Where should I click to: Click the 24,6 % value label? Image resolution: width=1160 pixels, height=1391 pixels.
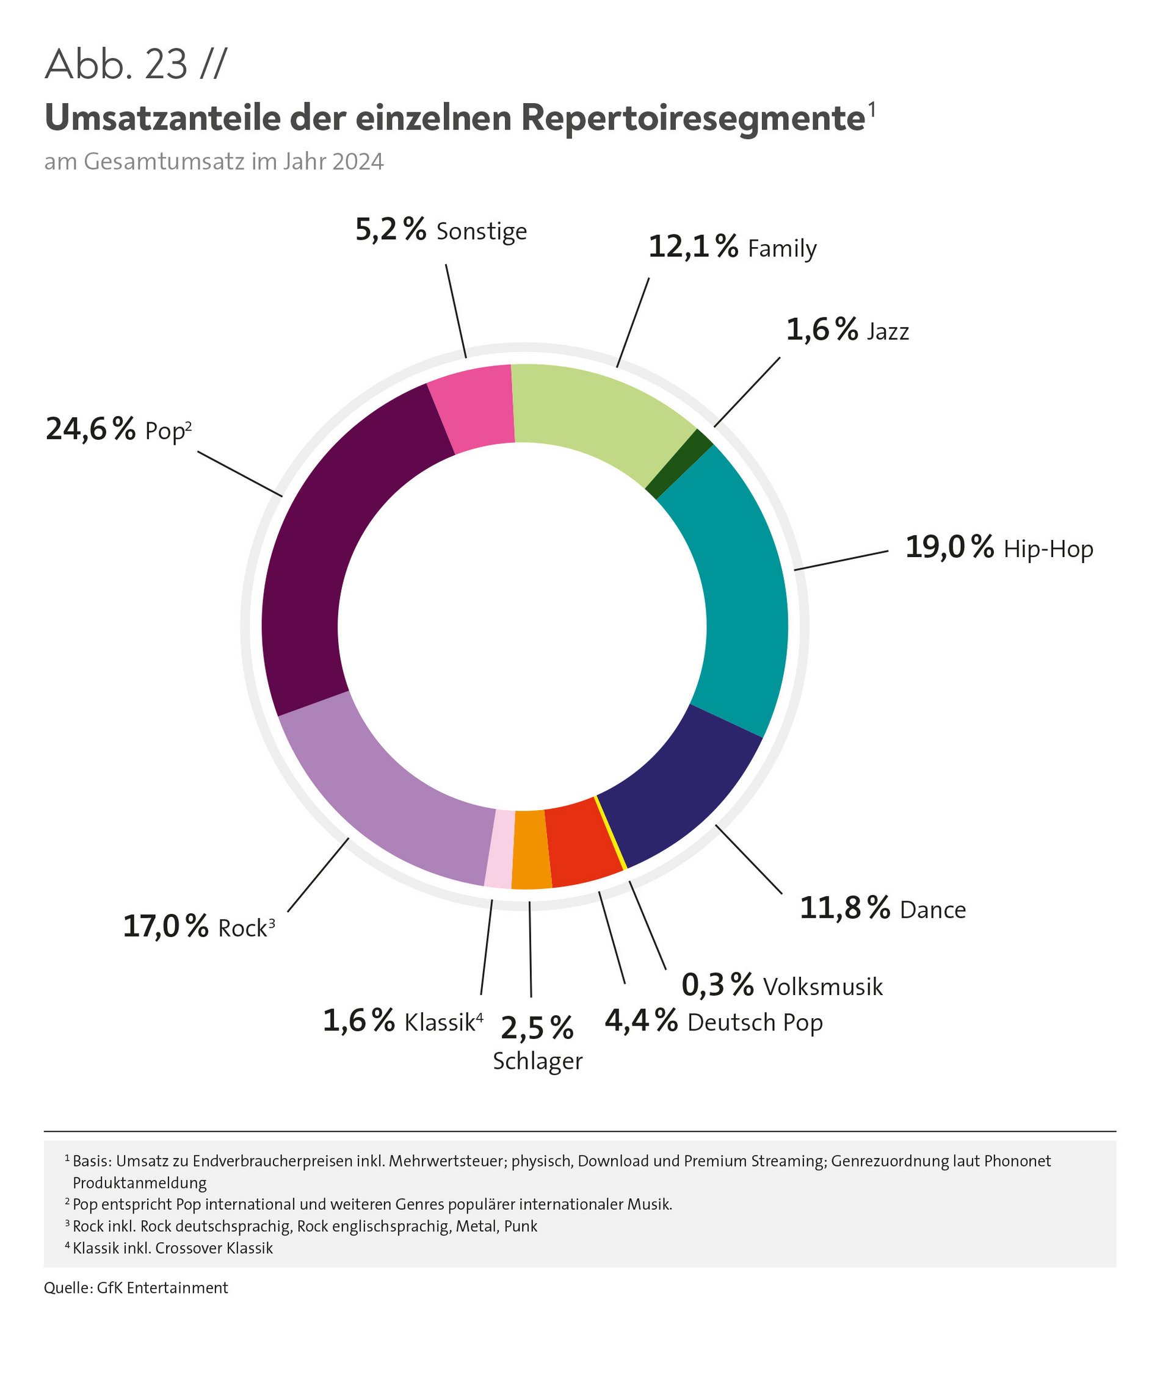click(90, 430)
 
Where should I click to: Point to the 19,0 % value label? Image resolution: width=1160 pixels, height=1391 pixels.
click(949, 547)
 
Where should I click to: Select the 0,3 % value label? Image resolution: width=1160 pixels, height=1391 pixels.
click(717, 986)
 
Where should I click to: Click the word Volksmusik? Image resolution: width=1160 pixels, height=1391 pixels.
click(822, 987)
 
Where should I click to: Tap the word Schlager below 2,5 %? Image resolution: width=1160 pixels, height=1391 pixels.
click(538, 1061)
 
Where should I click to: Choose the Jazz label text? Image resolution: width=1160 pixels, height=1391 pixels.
click(888, 331)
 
